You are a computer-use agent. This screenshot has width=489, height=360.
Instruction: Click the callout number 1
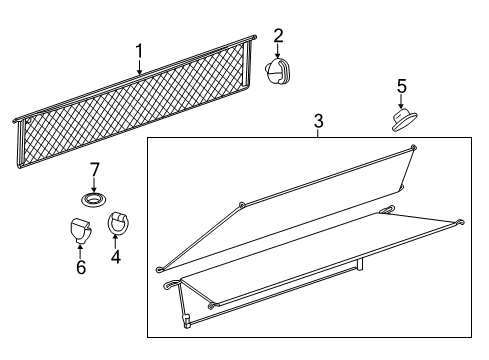(139, 51)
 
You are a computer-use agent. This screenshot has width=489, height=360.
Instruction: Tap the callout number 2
(278, 36)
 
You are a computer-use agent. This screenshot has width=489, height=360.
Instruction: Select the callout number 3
(319, 121)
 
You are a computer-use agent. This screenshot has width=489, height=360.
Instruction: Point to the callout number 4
(116, 257)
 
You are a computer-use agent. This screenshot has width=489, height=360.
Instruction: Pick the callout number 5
(402, 86)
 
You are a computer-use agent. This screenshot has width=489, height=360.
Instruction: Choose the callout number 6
(81, 267)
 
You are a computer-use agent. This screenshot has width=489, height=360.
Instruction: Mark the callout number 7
(95, 169)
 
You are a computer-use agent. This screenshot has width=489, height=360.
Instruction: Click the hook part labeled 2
(277, 71)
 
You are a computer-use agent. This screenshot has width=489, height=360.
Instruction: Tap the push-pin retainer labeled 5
(404, 119)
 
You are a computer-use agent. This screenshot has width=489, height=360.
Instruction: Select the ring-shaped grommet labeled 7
(94, 200)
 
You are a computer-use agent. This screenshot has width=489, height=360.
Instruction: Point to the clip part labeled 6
(81, 230)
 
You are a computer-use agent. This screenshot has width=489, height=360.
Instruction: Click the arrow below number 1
(140, 67)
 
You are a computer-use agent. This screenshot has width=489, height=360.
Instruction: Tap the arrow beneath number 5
(401, 101)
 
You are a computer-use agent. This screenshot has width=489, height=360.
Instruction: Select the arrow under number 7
(94, 185)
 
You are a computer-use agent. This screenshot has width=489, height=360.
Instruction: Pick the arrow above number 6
(80, 252)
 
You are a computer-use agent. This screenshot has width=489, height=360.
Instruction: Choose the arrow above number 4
(116, 242)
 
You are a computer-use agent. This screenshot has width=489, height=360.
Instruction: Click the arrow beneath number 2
(277, 51)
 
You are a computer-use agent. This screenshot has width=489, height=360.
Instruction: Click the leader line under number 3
(318, 133)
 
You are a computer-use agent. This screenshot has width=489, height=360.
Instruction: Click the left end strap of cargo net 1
(21, 143)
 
